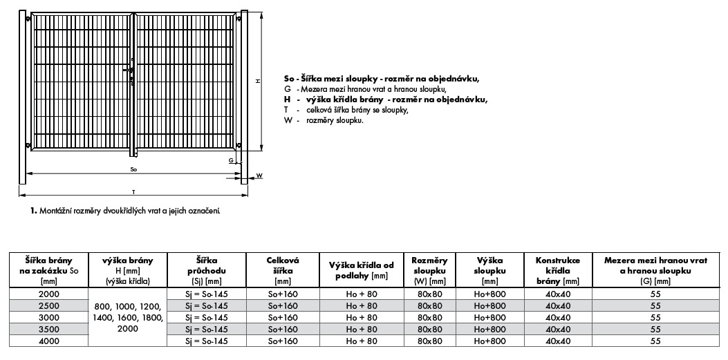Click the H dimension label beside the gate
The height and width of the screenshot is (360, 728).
point(258,82)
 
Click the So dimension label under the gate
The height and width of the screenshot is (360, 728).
point(133,169)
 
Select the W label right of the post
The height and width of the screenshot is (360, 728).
point(259,176)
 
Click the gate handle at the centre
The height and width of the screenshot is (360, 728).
point(129,70)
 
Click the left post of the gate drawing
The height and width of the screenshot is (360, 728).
point(23,97)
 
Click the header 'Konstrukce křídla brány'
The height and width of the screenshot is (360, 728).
point(558,270)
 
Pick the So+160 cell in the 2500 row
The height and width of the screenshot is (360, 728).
point(282,305)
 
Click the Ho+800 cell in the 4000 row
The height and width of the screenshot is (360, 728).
point(490,341)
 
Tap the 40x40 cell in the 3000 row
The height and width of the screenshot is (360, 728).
point(558,317)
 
